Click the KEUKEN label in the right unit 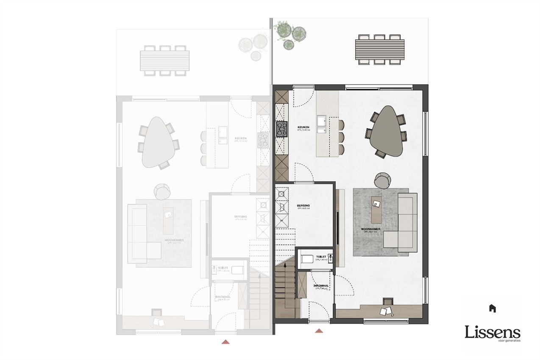click(x=303, y=127)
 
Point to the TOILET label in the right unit click(x=321, y=256)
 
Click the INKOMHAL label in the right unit click(x=321, y=286)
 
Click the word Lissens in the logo click(x=492, y=332)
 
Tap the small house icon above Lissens click(x=492, y=308)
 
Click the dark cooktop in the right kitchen click(x=282, y=129)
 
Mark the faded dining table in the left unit click(x=155, y=142)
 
